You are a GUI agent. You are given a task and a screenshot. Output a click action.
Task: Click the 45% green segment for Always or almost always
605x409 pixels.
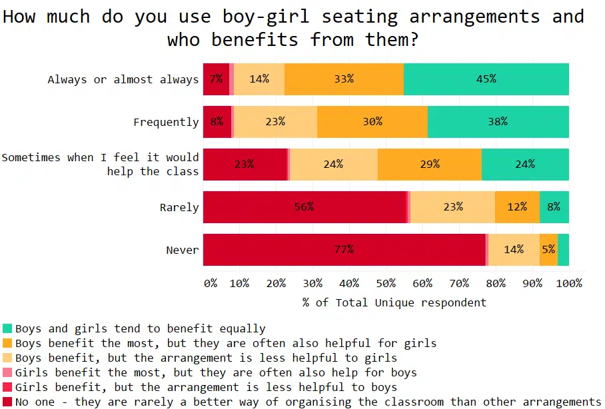[486, 79]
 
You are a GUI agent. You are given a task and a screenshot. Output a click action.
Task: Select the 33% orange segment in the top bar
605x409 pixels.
[344, 79]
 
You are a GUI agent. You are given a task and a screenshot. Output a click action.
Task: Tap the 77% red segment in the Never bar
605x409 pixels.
[344, 250]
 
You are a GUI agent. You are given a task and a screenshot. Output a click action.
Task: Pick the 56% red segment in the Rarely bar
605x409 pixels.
[304, 207]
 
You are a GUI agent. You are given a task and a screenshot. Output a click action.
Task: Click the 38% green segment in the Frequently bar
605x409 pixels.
[498, 122]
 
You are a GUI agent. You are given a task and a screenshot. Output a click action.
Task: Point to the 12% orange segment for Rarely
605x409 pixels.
[517, 207]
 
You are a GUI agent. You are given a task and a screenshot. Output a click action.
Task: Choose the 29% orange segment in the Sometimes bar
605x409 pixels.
[430, 165]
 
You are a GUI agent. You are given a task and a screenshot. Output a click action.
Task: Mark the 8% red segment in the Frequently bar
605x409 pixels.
[217, 122]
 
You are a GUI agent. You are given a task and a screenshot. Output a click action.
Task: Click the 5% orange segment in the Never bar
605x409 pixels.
[548, 250]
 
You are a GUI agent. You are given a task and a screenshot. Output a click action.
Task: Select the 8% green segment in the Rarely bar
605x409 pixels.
[554, 207]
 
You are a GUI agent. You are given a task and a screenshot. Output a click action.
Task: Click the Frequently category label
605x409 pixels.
[166, 122]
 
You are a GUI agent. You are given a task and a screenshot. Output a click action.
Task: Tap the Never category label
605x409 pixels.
[182, 250]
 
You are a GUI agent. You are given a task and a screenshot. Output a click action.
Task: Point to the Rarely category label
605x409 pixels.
[179, 207]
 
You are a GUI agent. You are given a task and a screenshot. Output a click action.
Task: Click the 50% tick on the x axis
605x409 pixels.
[386, 283]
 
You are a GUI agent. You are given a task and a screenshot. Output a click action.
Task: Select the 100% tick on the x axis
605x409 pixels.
[568, 283]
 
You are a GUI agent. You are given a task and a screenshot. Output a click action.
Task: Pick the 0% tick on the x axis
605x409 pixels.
[210, 283]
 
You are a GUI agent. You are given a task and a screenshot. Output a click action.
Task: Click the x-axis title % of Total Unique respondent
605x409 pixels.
[394, 302]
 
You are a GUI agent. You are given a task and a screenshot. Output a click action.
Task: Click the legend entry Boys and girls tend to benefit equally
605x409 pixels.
[140, 328]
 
